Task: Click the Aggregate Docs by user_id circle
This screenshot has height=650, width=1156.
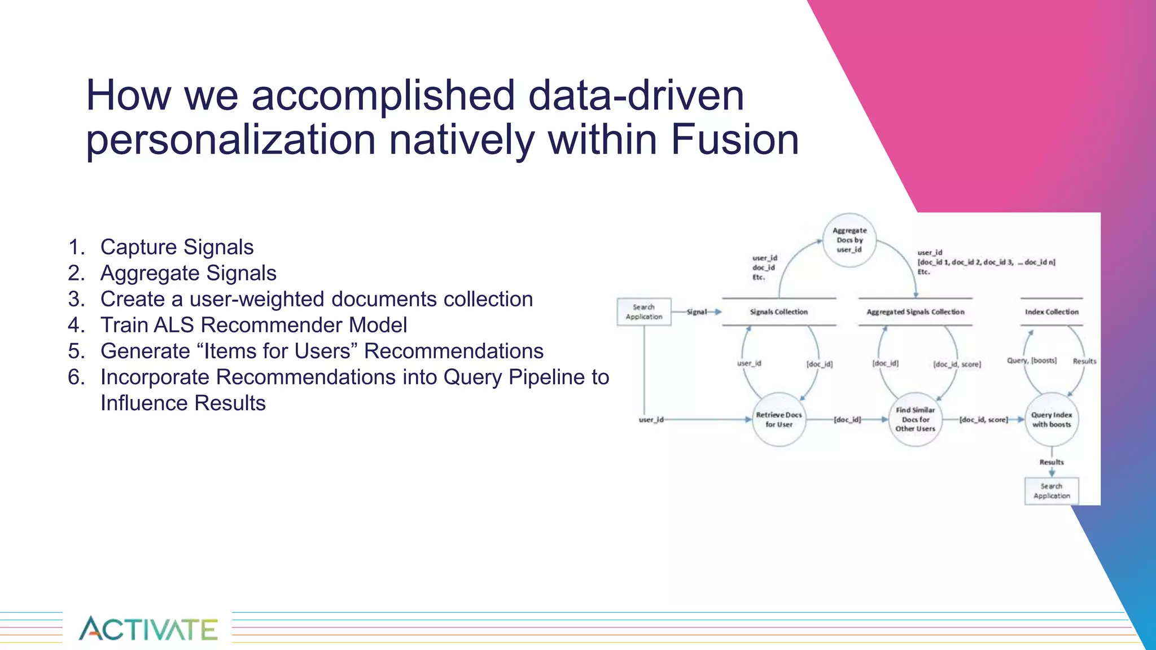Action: point(850,240)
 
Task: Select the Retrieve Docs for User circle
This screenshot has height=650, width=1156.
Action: point(779,419)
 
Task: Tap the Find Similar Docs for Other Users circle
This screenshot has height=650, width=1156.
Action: point(915,419)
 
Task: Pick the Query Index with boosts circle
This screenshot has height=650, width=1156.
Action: point(1052,419)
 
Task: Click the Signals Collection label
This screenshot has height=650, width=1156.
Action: point(779,311)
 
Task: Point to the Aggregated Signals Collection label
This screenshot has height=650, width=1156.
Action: point(916,311)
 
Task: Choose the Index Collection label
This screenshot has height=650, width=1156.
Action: point(1052,311)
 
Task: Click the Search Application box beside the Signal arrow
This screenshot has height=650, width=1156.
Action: point(643,312)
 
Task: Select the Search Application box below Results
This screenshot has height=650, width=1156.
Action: point(1052,491)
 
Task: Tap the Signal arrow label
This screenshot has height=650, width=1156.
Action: point(697,311)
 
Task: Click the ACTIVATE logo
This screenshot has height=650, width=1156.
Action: point(148,629)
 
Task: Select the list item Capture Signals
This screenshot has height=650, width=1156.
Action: point(177,247)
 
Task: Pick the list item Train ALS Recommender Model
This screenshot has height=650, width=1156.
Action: point(253,325)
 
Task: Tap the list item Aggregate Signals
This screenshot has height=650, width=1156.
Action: point(188,273)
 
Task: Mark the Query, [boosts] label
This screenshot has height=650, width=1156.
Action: point(1032,361)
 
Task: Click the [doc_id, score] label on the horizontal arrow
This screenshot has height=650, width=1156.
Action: point(983,420)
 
